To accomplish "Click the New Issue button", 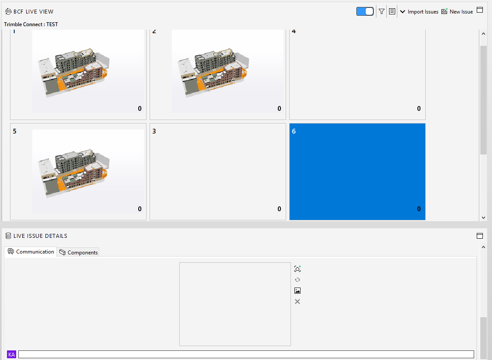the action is click(x=457, y=12).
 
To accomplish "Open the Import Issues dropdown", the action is click(x=419, y=12).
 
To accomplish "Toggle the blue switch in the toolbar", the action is click(x=365, y=12).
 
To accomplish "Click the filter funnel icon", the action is click(x=382, y=12).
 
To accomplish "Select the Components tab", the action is click(x=79, y=252).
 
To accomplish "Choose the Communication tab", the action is click(x=31, y=252).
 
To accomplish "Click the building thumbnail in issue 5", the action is click(x=88, y=171).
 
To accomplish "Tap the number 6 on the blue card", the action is click(x=294, y=131).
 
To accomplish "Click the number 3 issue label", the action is click(x=154, y=131).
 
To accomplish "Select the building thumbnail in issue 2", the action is click(x=228, y=71).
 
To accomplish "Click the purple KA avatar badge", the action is click(x=12, y=354).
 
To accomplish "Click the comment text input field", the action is click(x=246, y=354).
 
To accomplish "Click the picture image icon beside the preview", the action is click(x=297, y=291).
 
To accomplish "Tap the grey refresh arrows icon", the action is click(x=297, y=280).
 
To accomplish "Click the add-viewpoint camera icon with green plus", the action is click(x=297, y=269).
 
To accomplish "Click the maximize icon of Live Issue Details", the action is click(x=480, y=236).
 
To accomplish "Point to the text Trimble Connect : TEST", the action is click(x=31, y=24).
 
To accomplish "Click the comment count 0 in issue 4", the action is click(x=419, y=109).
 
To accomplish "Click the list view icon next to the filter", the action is click(x=392, y=12).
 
